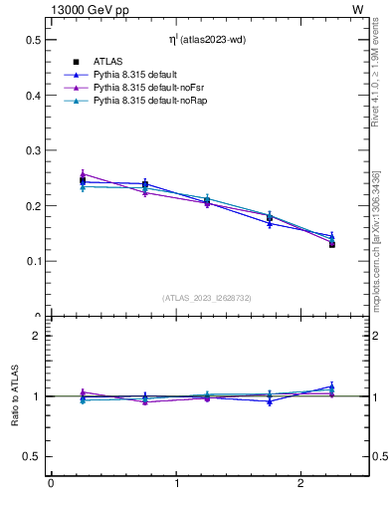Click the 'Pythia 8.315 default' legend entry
click(136, 75)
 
